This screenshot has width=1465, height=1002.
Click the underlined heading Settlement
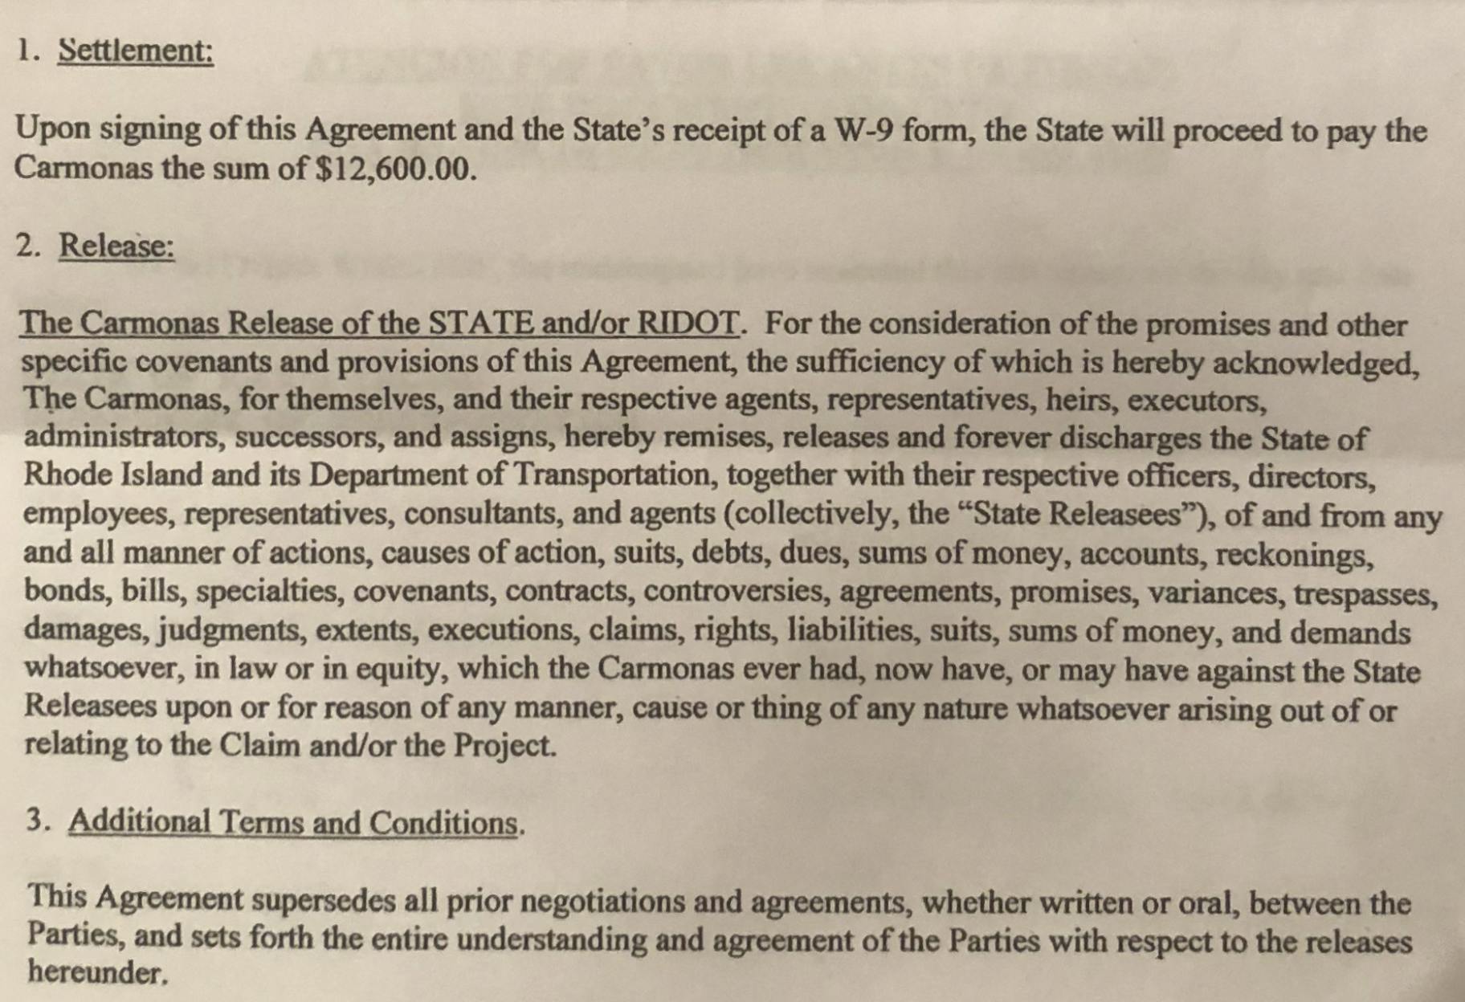click(x=136, y=51)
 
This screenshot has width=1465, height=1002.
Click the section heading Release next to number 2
click(x=116, y=246)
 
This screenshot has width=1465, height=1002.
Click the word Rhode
click(x=67, y=475)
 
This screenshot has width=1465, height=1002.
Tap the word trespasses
click(x=1365, y=593)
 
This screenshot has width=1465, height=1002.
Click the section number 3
click(x=35, y=821)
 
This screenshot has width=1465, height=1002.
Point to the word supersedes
click(x=324, y=901)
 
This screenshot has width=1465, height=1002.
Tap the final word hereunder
click(x=97, y=973)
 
